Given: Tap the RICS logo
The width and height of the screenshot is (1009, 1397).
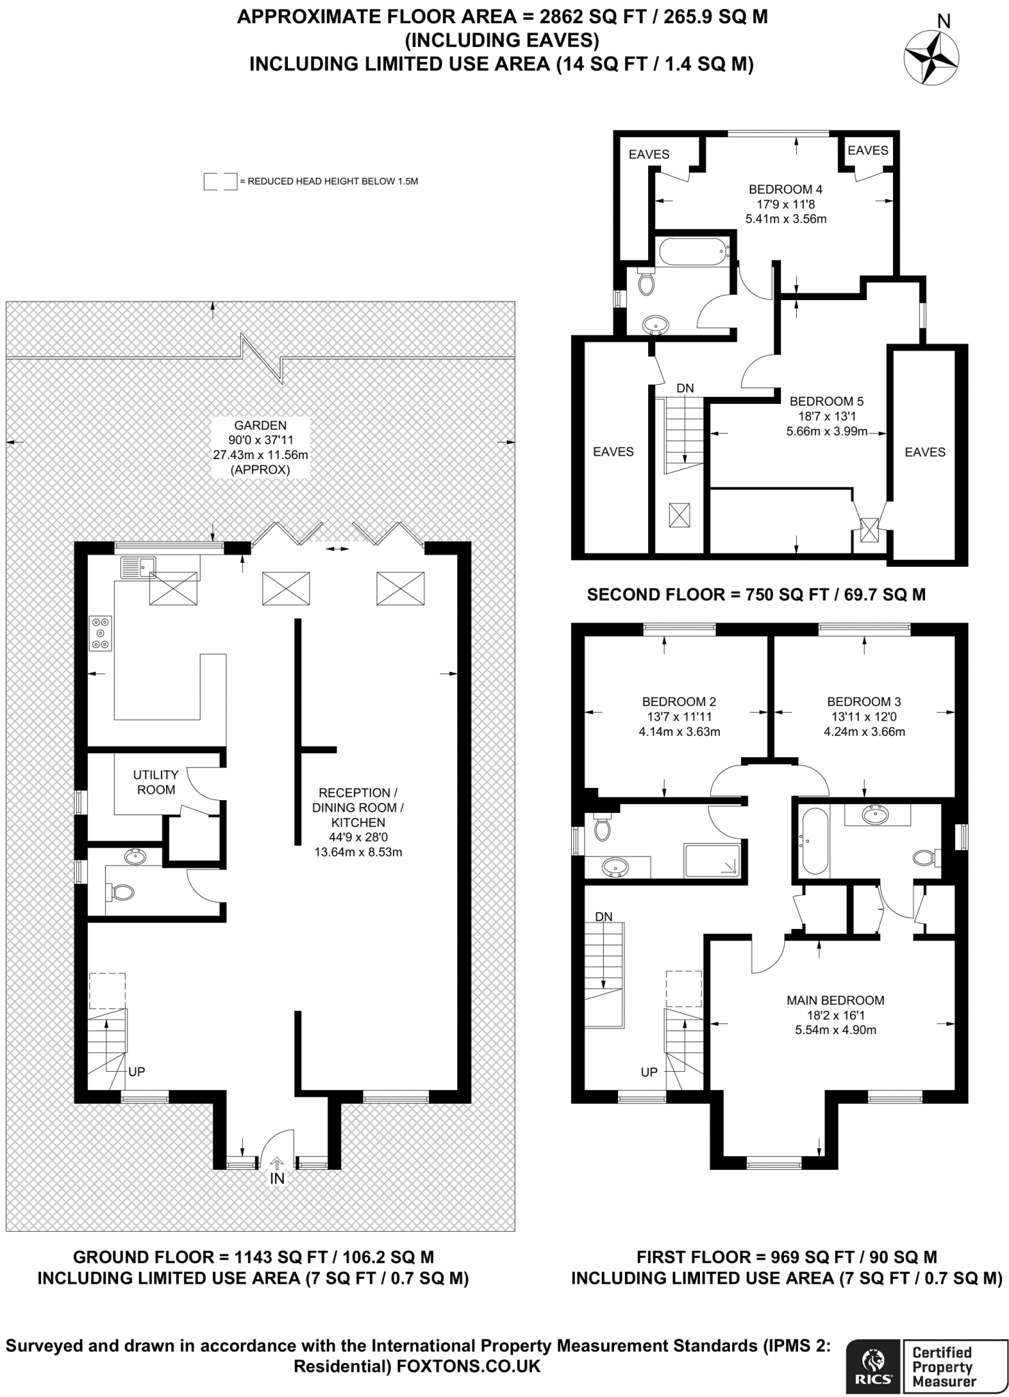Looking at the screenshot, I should (873, 1365).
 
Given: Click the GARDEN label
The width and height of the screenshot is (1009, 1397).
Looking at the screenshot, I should (260, 426).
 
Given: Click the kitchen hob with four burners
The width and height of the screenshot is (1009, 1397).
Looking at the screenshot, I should (100, 633).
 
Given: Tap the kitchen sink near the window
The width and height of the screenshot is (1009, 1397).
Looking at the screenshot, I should (138, 566).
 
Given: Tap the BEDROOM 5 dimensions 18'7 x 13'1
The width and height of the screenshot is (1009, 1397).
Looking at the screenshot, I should (826, 416).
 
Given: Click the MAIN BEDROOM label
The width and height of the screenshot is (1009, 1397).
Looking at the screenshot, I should (835, 1000).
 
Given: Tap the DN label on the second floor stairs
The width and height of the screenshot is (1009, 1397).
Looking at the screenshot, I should (685, 388).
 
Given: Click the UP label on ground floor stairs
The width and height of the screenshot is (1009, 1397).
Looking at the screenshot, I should (136, 1072).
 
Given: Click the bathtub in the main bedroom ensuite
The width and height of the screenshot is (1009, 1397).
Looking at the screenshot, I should (815, 840).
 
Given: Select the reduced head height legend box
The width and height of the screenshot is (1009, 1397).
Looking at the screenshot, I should (220, 181).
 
